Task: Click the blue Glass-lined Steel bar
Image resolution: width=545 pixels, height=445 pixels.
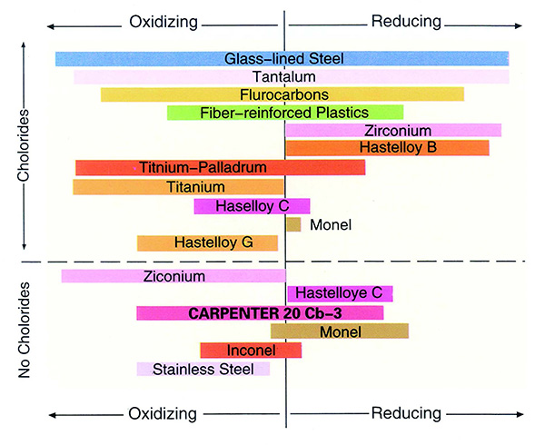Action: tap(282, 59)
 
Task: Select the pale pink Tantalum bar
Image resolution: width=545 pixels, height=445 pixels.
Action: tap(291, 76)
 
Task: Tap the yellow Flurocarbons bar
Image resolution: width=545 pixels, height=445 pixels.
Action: tap(282, 94)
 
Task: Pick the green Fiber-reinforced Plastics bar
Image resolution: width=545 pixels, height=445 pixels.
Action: tap(285, 113)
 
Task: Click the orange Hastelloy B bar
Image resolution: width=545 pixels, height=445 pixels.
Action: tap(387, 147)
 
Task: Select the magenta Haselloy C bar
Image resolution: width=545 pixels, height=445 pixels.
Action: tap(252, 206)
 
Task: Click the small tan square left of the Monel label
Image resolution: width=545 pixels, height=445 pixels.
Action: tap(293, 223)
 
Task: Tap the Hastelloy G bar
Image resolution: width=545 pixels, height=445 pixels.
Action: tap(207, 242)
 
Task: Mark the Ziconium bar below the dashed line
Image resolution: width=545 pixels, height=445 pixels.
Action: tap(173, 276)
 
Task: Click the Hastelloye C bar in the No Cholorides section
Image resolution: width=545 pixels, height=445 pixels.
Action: tap(340, 293)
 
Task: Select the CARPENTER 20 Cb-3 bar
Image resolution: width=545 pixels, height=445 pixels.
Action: tap(260, 313)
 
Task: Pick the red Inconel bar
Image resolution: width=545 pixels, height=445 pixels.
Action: tap(251, 351)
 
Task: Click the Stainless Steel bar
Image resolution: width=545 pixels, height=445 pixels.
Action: tap(203, 369)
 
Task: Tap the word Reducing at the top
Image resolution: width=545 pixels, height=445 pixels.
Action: tap(406, 20)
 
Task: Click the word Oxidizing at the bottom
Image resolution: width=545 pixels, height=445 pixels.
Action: tap(163, 413)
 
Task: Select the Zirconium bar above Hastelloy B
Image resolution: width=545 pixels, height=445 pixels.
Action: tap(393, 130)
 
